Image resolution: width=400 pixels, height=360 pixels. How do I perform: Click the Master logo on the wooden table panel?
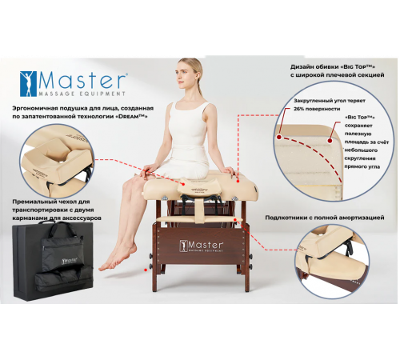click(202, 245)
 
